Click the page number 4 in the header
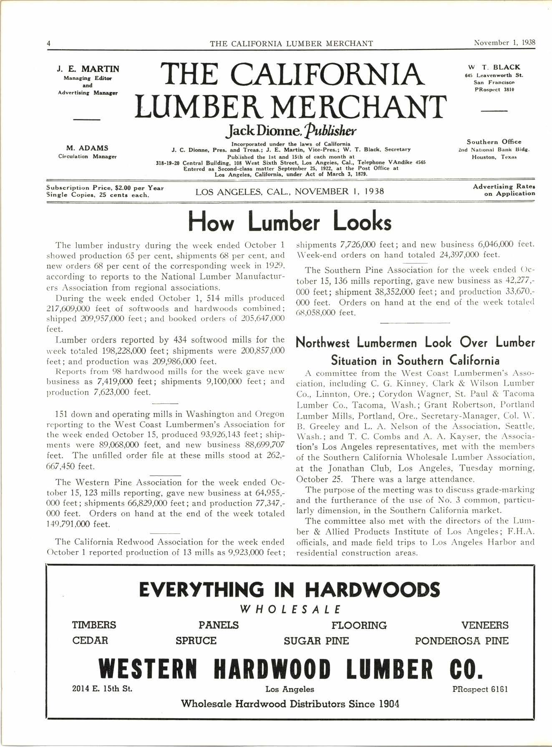pos(49,43)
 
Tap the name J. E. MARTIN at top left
pos(88,69)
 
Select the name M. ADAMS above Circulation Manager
pos(88,148)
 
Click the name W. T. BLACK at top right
pos(494,67)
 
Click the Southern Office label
pos(494,142)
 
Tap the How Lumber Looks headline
pos(290,222)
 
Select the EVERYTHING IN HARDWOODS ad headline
pos(289,590)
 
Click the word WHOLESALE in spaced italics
pos(291,609)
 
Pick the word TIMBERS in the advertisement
pos(94,625)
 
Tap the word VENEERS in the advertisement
pos(485,625)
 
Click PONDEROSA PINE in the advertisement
pos(461,641)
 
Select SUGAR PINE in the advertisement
pos(316,641)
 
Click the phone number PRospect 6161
pos(480,689)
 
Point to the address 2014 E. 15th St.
pos(102,689)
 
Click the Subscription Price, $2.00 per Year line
pos(105,188)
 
